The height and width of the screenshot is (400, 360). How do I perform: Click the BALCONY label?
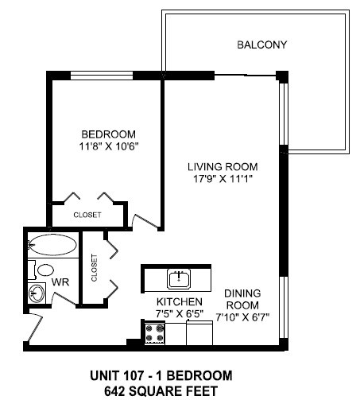tap(261, 45)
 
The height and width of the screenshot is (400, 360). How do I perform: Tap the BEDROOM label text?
tap(109, 134)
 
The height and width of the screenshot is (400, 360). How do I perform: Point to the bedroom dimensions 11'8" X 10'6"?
tap(109, 146)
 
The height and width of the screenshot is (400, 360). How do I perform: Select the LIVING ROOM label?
tap(223, 167)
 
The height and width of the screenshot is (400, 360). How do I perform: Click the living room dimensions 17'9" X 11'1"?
tap(223, 179)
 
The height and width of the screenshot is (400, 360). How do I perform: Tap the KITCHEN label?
tap(179, 303)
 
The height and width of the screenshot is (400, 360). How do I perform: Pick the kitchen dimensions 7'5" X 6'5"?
tap(179, 315)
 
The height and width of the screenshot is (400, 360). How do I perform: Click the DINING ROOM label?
tap(242, 297)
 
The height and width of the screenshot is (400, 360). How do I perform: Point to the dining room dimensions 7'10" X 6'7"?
tap(242, 315)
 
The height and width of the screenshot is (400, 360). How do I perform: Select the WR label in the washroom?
tap(59, 282)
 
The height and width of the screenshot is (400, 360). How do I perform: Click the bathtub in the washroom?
tap(52, 244)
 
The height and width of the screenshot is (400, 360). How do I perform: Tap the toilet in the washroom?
tap(34, 268)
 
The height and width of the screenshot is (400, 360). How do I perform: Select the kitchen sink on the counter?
tap(178, 278)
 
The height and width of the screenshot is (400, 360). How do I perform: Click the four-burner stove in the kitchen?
tap(153, 332)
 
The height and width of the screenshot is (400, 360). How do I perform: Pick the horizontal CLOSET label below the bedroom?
tap(87, 215)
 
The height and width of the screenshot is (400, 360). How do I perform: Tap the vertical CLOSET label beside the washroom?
tap(95, 268)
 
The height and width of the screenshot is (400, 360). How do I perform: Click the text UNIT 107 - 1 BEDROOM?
tap(161, 375)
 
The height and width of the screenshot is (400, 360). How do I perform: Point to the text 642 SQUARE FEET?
tap(161, 390)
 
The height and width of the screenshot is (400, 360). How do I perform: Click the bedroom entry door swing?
tap(143, 216)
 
